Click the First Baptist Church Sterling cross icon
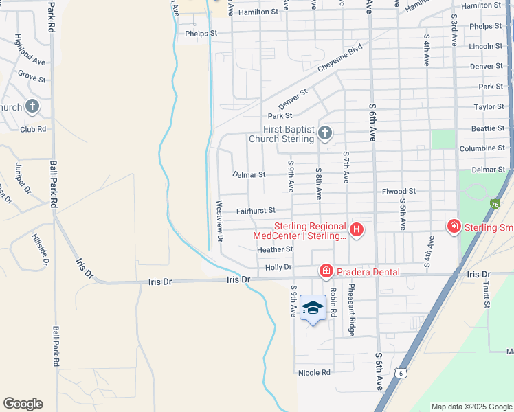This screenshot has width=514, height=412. click(325, 133)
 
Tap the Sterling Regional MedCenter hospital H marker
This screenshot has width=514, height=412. click(357, 229)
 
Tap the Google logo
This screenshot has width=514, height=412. click(23, 404)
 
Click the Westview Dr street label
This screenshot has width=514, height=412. click(220, 221)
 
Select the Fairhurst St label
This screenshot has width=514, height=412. click(256, 211)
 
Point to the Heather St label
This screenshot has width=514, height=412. click(275, 249)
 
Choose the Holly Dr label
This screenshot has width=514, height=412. click(278, 267)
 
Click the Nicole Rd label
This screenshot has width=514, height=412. click(314, 373)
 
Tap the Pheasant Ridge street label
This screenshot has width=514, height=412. click(351, 309)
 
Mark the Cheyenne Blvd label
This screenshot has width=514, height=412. click(339, 60)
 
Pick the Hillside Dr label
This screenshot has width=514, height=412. click(41, 248)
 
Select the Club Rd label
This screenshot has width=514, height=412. click(33, 129)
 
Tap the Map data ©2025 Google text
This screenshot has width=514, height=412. click(471, 407)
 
